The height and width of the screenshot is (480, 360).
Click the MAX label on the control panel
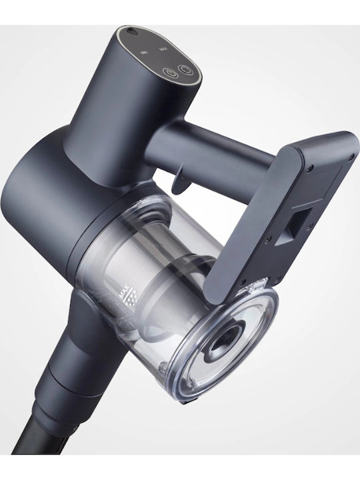[163, 49]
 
